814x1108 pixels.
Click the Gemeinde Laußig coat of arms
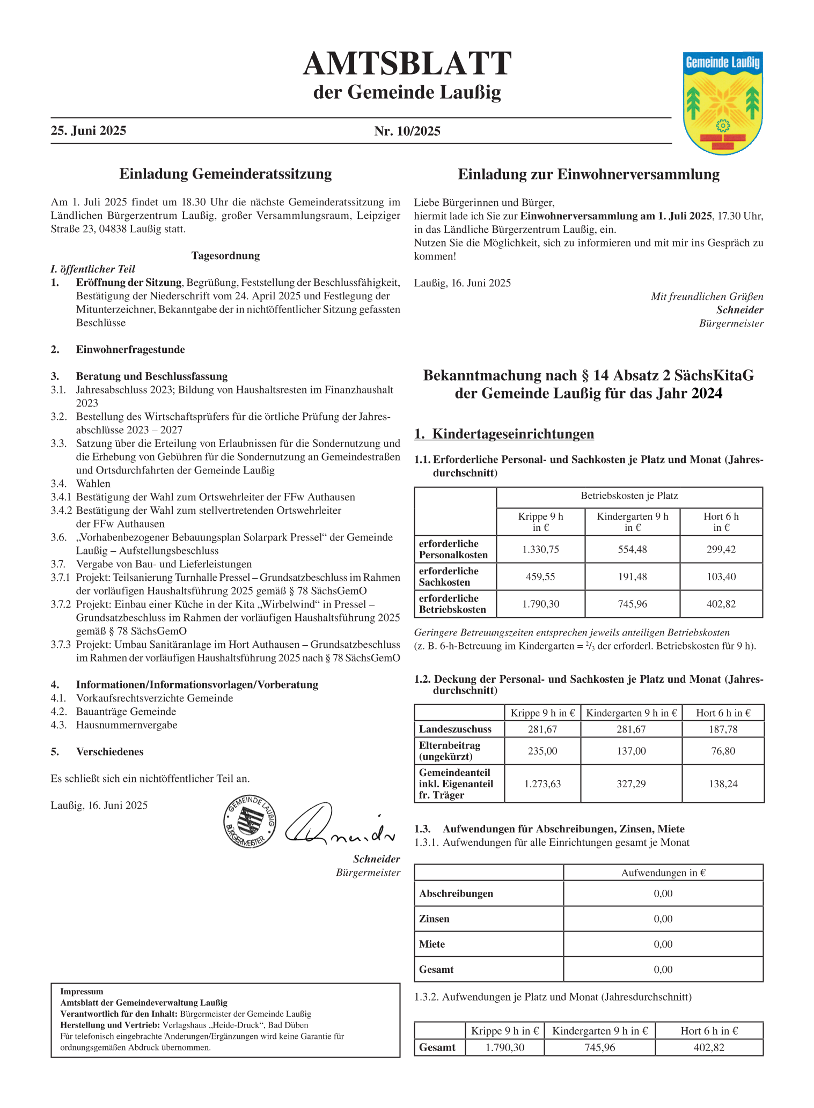pyautogui.click(x=723, y=103)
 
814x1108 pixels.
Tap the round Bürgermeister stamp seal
pyautogui.click(x=250, y=821)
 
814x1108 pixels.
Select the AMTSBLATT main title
pyautogui.click(x=407, y=64)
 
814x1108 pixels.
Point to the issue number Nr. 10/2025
pyautogui.click(x=407, y=131)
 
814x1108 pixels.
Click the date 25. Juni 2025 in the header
pyautogui.click(x=89, y=131)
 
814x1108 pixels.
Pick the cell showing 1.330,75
pyautogui.click(x=540, y=549)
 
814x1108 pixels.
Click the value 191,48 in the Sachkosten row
pyautogui.click(x=632, y=577)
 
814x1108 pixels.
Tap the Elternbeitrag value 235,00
pyautogui.click(x=542, y=751)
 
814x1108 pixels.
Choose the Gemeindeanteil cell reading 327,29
pyautogui.click(x=631, y=784)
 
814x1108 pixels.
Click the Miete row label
pyautogui.click(x=432, y=944)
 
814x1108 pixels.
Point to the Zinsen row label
pyautogui.click(x=435, y=919)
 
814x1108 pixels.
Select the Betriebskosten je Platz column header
pyautogui.click(x=629, y=496)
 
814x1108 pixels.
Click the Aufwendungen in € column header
pyautogui.click(x=663, y=873)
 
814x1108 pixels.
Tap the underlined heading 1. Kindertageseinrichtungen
pyautogui.click(x=504, y=434)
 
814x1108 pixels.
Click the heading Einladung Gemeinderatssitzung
pyautogui.click(x=225, y=174)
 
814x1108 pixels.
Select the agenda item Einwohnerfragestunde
pyautogui.click(x=130, y=350)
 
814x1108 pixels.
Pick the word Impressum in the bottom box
pyautogui.click(x=82, y=992)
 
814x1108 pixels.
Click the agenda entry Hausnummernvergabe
pyautogui.click(x=127, y=725)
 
